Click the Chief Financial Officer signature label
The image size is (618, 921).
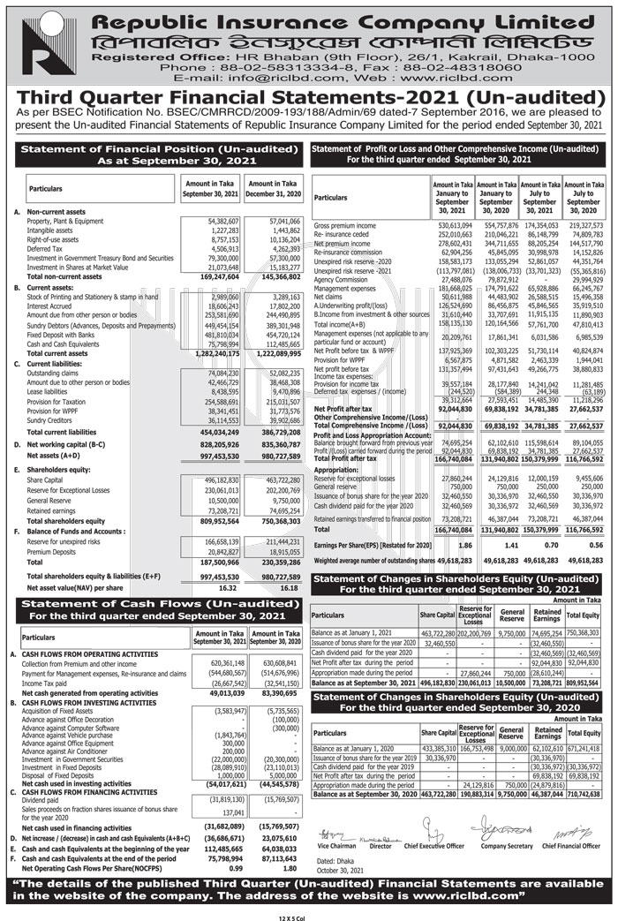pos(570,845)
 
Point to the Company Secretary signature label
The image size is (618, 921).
pos(505,845)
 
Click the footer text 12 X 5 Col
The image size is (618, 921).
pos(309,915)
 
